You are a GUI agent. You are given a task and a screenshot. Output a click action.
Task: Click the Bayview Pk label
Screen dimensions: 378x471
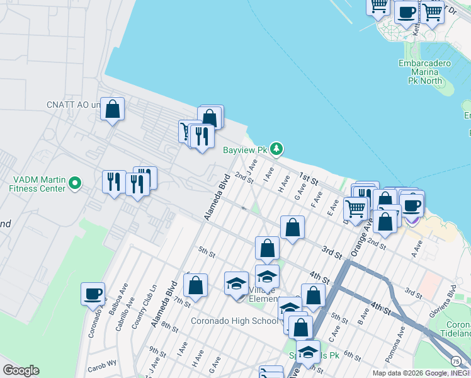(x=246, y=150)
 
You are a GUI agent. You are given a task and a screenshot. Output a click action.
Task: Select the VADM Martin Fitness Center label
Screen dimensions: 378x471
(x=37, y=183)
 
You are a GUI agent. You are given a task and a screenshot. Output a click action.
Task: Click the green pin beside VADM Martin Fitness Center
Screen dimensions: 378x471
(x=75, y=183)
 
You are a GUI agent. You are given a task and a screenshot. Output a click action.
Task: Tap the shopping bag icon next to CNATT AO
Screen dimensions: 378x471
(x=112, y=110)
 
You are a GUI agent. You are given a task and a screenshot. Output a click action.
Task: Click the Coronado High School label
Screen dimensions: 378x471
(x=234, y=321)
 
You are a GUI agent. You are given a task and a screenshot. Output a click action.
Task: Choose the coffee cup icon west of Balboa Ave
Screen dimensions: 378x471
(x=93, y=294)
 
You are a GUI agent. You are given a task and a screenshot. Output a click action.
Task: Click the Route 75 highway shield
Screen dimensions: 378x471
(x=455, y=360)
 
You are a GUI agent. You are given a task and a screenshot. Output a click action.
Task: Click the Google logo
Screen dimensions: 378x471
(x=21, y=370)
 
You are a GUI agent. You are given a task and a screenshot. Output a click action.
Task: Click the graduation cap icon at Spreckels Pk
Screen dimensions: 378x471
(x=308, y=351)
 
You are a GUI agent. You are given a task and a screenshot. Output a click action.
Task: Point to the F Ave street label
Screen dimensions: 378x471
(x=316, y=201)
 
